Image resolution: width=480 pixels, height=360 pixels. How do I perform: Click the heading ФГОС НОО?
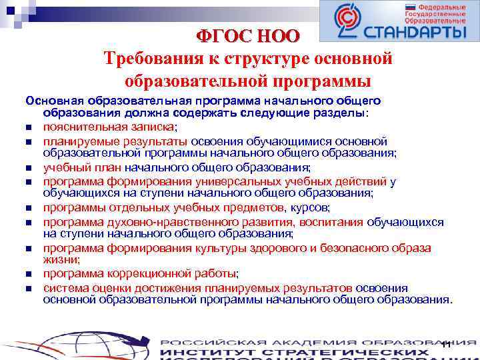coord(248,35)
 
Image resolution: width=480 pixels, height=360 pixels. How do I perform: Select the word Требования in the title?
coord(153,59)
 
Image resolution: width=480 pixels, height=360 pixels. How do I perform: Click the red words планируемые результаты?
coord(116,141)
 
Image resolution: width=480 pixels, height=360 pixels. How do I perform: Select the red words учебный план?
coord(79,167)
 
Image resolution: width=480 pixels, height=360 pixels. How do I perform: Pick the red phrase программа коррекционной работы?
coord(140,273)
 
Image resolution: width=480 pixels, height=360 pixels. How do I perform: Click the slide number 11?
coord(446,344)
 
